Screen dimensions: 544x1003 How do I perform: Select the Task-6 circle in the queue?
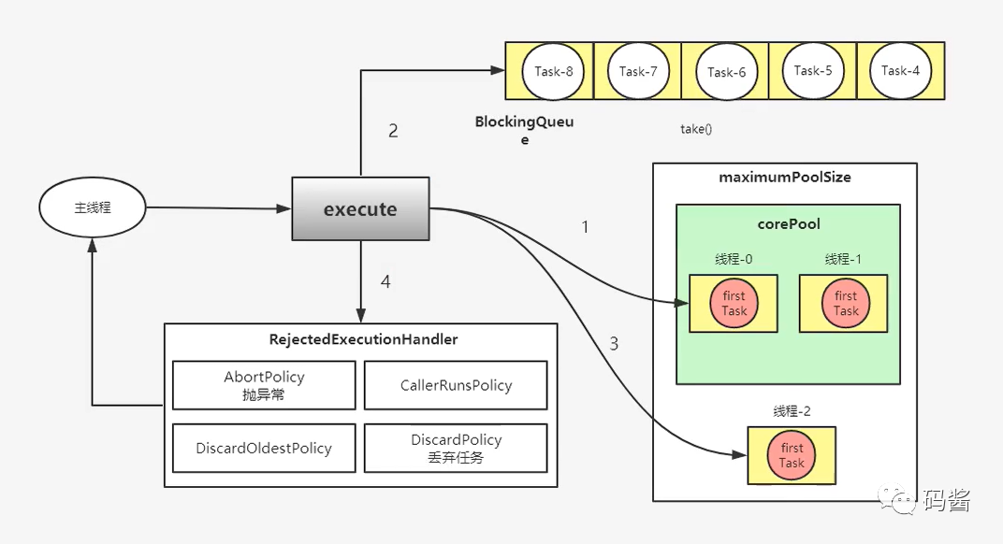(x=726, y=72)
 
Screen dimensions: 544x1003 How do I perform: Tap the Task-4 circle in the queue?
(x=900, y=70)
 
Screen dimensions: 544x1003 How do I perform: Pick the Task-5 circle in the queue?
(x=812, y=70)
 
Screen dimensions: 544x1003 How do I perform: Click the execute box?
(x=360, y=209)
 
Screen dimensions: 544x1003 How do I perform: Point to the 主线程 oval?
(x=93, y=208)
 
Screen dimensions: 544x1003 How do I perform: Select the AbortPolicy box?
(x=264, y=385)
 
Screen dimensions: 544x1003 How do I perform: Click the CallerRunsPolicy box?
(x=456, y=385)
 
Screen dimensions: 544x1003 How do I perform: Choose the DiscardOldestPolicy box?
(x=264, y=448)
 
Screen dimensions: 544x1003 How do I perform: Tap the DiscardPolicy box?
(x=456, y=448)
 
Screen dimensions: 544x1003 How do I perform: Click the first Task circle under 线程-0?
(x=734, y=304)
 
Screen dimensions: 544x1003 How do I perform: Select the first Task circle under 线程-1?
(x=846, y=304)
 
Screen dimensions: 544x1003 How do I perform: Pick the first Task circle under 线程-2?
(x=792, y=455)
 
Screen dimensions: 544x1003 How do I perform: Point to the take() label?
(x=696, y=129)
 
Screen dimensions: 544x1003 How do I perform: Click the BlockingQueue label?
(x=524, y=130)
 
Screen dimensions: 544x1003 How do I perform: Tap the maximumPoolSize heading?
(x=785, y=177)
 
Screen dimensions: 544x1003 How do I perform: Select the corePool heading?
(x=788, y=224)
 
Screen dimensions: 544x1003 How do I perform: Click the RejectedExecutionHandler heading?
(x=363, y=339)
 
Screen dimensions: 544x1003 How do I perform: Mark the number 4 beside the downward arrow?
(x=385, y=279)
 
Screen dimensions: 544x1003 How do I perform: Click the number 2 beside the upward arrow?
(x=393, y=131)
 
